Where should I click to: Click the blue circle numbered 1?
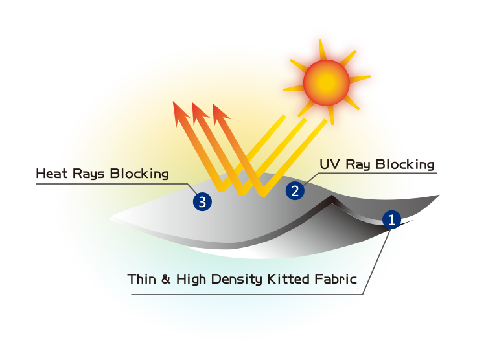(391, 219)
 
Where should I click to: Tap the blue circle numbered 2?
(295, 190)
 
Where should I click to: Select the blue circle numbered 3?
(202, 201)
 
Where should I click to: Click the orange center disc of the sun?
(327, 82)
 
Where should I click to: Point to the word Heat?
(51, 174)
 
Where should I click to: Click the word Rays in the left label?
(88, 175)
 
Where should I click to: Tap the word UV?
(330, 164)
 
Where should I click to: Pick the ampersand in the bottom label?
(166, 279)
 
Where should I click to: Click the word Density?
(237, 280)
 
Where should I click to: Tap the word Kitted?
(288, 279)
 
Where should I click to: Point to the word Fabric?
(336, 279)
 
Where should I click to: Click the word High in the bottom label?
(191, 280)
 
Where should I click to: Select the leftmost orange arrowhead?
(181, 114)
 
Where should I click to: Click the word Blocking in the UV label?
(405, 165)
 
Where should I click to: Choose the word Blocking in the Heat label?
(139, 174)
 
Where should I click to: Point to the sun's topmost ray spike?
(322, 50)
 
